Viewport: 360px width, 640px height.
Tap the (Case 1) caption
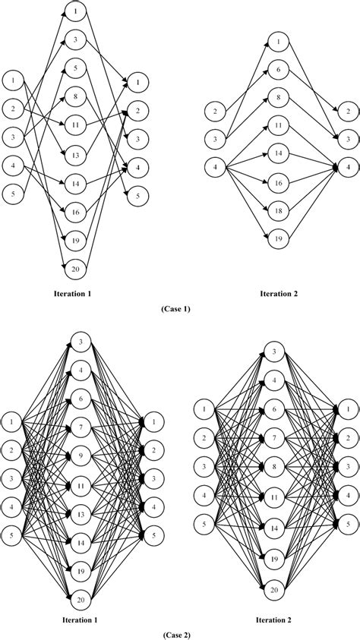click(180, 309)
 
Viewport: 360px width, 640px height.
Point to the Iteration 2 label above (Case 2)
click(275, 619)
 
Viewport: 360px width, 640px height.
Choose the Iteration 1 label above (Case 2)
click(80, 619)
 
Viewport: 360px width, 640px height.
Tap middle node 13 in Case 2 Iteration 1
click(81, 513)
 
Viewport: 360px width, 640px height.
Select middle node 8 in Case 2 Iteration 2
click(275, 465)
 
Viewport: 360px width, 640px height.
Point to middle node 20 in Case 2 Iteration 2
click(275, 589)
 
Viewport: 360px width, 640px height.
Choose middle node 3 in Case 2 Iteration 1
click(81, 344)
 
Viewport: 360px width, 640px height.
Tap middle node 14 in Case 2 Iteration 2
click(275, 527)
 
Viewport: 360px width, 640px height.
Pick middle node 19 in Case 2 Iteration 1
click(81, 569)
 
